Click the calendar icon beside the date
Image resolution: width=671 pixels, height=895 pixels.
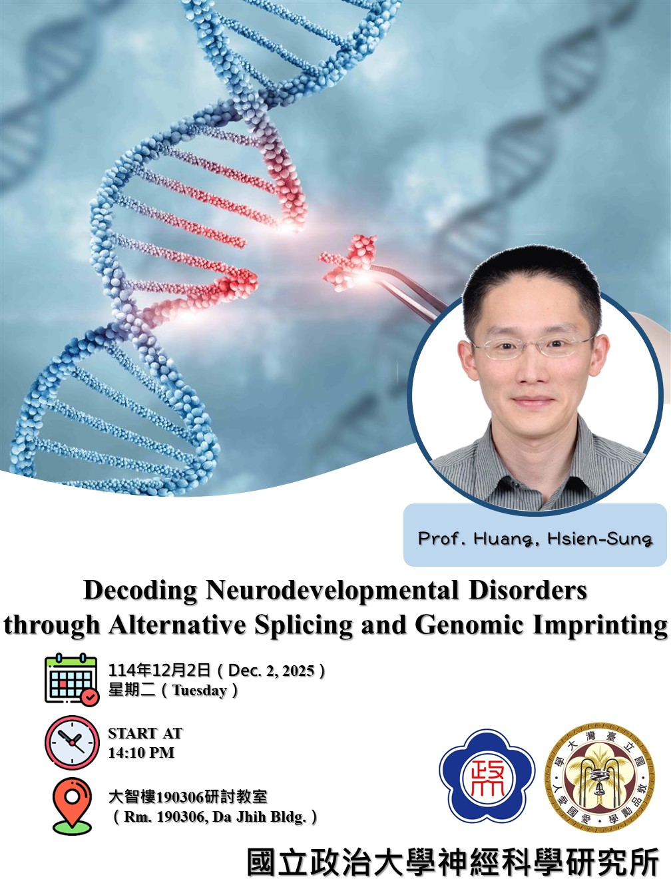tap(71, 680)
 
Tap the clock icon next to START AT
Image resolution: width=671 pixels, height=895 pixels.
tap(71, 743)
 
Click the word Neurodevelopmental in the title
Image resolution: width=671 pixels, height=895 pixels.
tap(333, 591)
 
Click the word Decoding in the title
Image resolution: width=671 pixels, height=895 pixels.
tap(140, 591)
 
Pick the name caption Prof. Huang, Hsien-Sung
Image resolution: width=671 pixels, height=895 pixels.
tap(535, 537)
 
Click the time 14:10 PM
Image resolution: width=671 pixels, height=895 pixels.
tap(141, 752)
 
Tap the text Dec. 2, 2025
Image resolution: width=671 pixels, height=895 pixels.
tap(271, 671)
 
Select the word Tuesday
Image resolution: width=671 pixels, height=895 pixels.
tap(200, 691)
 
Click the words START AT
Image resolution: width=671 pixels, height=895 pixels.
tap(145, 733)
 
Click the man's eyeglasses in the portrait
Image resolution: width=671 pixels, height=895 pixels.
tap(532, 346)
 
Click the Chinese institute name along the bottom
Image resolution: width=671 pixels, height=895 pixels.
tap(453, 863)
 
